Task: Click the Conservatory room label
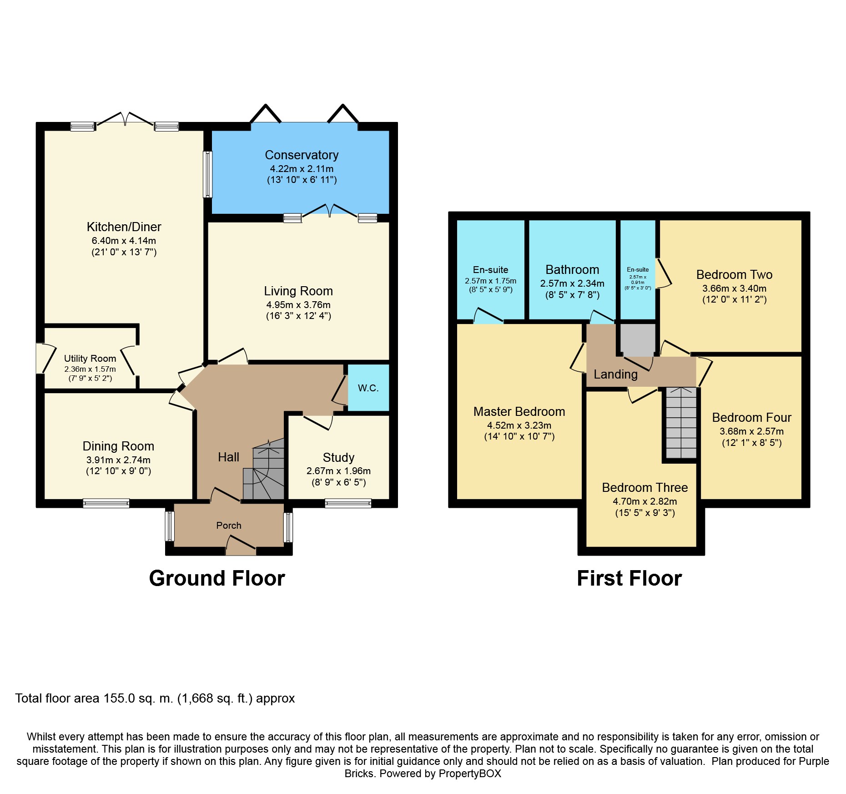302,155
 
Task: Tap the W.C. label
368,388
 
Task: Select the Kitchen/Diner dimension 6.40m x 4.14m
124,241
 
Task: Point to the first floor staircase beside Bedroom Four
681,423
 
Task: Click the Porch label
229,526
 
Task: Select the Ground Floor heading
217,578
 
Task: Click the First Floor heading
629,578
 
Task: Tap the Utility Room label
90,359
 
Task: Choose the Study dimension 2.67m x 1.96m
338,471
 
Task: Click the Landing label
615,374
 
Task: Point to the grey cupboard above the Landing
638,339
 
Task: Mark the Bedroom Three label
645,488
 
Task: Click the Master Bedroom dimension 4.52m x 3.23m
519,425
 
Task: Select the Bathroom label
572,270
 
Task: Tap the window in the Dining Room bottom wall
106,503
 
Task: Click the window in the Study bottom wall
348,503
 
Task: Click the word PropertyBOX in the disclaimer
470,774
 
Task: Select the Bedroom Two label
734,275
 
